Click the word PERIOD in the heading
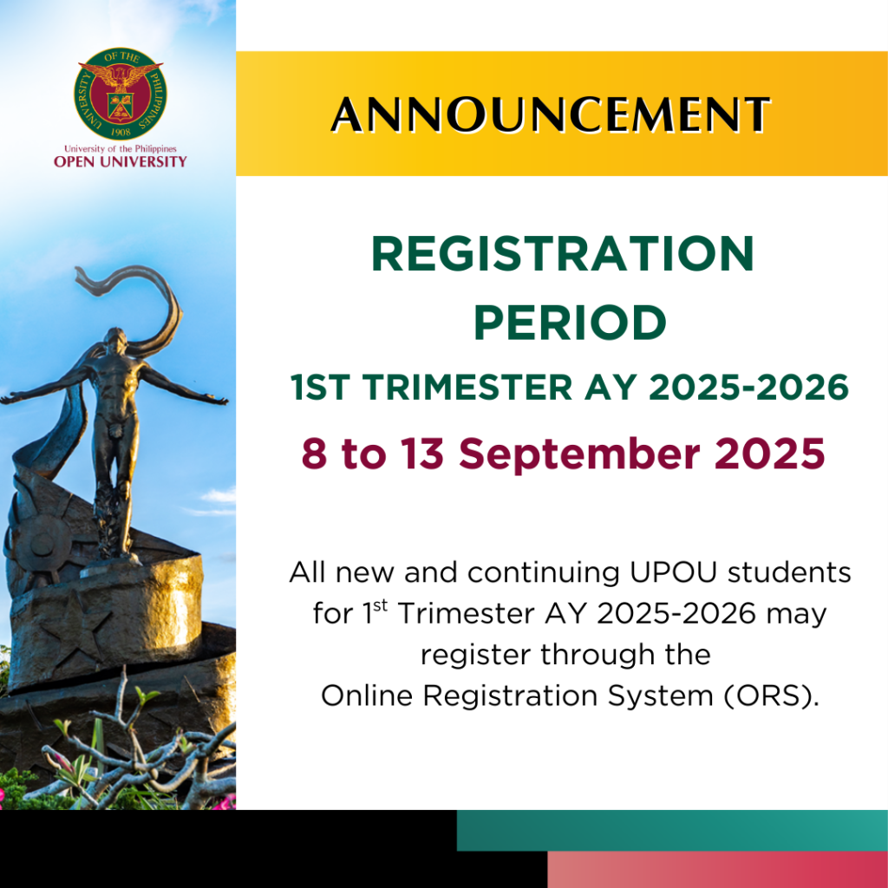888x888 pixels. tap(570, 323)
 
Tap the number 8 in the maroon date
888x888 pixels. tap(315, 454)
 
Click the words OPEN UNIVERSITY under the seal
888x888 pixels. tap(120, 162)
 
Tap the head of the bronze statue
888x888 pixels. tap(114, 336)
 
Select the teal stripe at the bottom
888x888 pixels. tap(672, 831)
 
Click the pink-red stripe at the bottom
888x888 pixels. tap(717, 870)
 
